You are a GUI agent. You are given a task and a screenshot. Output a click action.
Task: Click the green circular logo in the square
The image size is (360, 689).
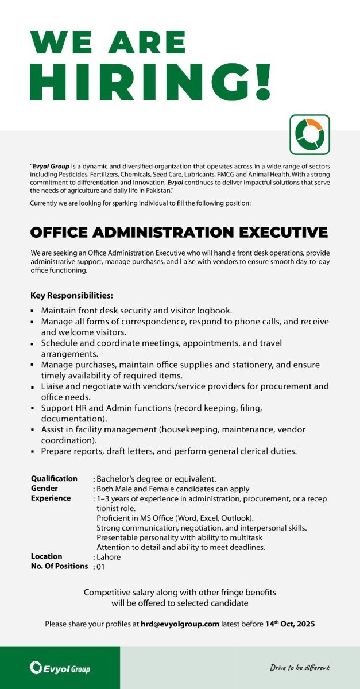[x=309, y=134]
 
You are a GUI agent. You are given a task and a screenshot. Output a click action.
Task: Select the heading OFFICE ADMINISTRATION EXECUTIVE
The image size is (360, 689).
[x=179, y=233]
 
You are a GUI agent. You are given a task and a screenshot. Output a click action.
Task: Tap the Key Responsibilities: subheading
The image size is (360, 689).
[x=72, y=296]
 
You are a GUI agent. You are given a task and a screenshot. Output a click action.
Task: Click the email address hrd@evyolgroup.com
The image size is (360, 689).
[x=180, y=624]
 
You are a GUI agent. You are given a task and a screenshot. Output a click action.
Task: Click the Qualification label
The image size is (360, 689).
[x=54, y=478]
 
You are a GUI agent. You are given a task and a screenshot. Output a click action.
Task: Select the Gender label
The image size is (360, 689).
[x=44, y=488]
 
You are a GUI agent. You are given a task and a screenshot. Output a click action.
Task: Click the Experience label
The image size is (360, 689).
[x=51, y=498]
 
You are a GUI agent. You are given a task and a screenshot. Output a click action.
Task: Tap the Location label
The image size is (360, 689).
[x=47, y=556]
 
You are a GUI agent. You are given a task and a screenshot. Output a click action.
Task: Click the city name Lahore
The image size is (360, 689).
[x=109, y=556]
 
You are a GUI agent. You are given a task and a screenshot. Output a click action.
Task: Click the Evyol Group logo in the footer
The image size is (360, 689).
[x=60, y=668]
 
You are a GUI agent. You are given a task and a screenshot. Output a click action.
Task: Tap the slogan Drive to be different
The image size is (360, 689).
[x=300, y=668]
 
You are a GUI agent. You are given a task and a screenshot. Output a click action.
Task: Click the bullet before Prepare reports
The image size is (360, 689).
[x=33, y=452]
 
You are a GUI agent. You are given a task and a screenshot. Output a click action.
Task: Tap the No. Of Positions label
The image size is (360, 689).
[x=60, y=566]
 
